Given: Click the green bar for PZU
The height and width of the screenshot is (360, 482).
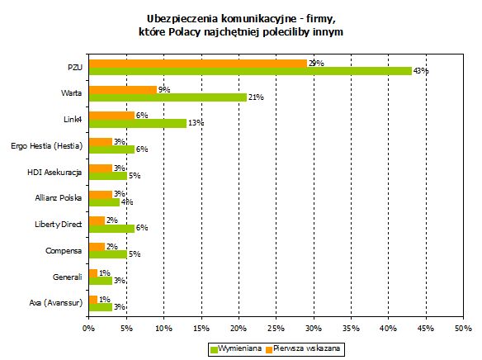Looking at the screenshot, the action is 250,71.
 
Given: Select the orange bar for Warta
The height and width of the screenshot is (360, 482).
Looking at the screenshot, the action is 123,90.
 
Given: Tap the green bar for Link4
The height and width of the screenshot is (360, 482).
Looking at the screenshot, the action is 138,123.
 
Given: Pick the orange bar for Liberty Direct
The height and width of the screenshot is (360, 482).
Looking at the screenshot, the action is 97,220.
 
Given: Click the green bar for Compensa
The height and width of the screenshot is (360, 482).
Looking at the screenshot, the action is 108,254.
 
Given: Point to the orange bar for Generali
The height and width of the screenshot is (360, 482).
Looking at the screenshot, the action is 93,273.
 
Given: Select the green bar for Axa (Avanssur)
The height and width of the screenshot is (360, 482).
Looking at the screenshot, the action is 101,307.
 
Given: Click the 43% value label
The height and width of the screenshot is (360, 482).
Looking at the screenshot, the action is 421,71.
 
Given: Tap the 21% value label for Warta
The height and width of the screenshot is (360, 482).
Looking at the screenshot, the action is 256,97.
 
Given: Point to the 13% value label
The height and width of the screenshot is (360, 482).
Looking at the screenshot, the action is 196,123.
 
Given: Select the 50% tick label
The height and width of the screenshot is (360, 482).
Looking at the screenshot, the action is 463,329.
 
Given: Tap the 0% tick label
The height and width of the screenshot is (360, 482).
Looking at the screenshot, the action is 89,329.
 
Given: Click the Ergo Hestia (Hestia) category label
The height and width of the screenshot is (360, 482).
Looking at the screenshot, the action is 47,146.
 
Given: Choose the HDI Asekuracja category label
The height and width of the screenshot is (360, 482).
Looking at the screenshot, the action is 54,173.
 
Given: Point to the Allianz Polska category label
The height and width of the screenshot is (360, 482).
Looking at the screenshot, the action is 59,197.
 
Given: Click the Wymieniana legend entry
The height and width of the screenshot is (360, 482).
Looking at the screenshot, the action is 236,349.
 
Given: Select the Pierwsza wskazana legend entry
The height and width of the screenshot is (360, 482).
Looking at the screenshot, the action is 304,349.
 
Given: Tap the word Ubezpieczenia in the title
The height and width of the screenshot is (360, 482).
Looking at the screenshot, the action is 182,19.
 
